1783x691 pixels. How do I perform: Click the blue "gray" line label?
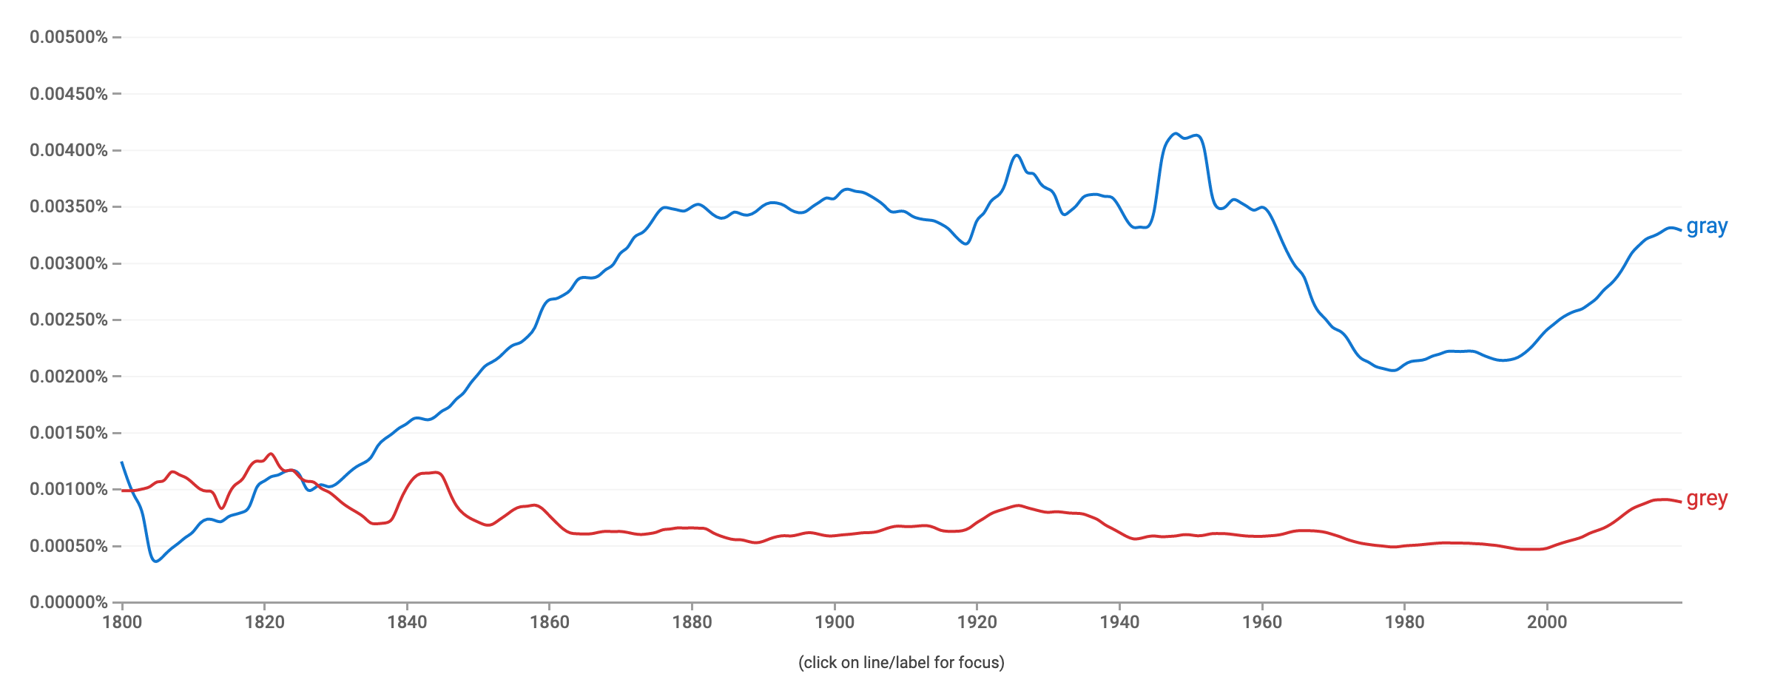pos(1706,226)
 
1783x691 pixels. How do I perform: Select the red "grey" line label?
pos(1706,499)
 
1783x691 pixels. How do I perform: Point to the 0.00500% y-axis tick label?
pos(69,37)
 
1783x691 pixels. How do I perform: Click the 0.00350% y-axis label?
pos(69,206)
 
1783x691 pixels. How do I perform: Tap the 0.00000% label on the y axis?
pos(69,602)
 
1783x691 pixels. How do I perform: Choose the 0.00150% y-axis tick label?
pos(69,433)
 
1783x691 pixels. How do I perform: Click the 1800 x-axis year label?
pos(122,621)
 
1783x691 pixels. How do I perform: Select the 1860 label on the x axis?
pos(550,621)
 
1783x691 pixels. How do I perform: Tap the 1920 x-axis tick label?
pos(977,621)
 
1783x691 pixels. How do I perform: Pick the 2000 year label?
pos(1547,621)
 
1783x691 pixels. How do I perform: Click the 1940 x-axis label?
pos(1119,621)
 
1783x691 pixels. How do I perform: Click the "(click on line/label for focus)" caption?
pos(901,662)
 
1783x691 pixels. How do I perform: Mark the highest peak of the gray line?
pos(1175,134)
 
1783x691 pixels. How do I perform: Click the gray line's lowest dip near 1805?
pos(155,562)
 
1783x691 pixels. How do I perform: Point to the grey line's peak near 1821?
pos(271,454)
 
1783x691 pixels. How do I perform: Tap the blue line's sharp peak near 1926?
pos(1017,155)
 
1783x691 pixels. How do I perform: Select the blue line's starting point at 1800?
pos(122,462)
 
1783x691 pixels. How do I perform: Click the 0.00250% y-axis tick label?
pos(69,320)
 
